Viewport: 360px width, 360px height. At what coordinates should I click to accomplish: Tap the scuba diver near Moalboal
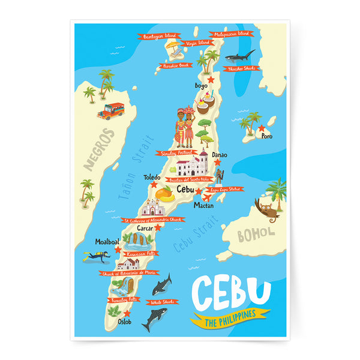click(97, 256)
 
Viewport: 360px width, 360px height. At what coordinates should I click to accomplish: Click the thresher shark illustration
click(239, 57)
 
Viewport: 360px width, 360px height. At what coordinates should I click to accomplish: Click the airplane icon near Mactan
click(208, 196)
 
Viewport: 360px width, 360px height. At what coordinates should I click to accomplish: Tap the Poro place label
click(266, 136)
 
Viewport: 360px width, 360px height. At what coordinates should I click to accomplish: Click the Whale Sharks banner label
click(162, 302)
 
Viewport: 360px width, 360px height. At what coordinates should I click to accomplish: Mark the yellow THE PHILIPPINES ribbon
click(230, 317)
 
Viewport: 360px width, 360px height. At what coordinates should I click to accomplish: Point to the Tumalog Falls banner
click(125, 299)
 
